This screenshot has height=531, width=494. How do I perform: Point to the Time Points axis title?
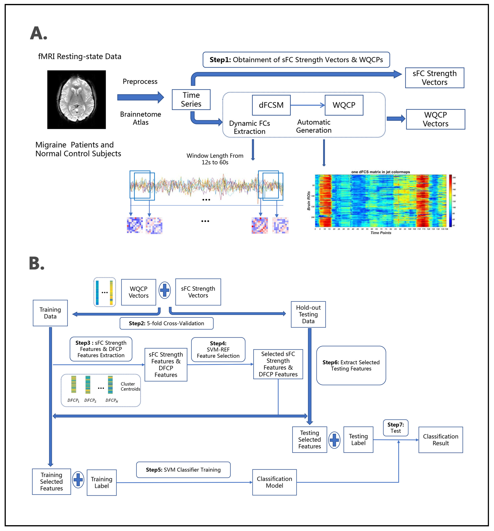tap(380, 233)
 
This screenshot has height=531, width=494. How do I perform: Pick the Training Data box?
tap(50, 313)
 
